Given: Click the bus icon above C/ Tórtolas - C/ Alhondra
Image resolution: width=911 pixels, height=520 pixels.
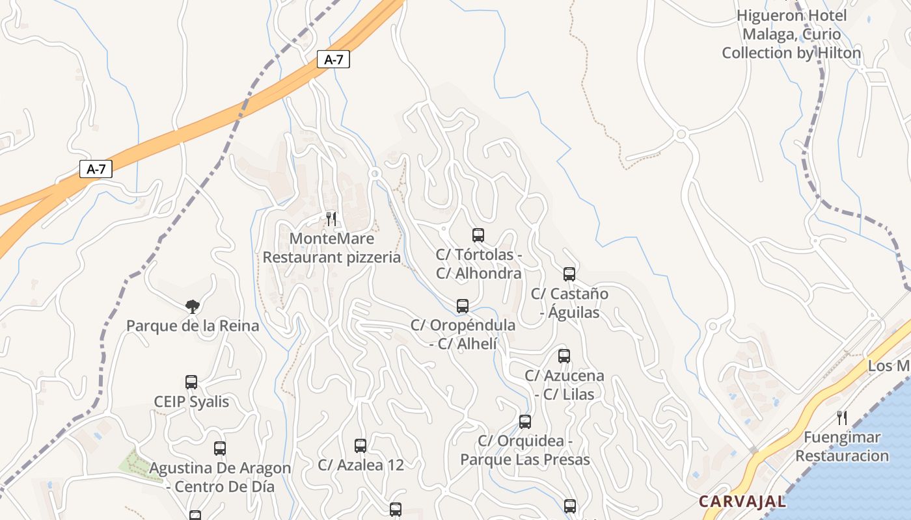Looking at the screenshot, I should pyautogui.click(x=478, y=235).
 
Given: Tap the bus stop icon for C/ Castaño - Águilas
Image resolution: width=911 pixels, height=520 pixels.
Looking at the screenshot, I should pyautogui.click(x=569, y=274).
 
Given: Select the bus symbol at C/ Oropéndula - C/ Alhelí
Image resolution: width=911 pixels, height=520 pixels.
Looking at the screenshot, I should pyautogui.click(x=463, y=305).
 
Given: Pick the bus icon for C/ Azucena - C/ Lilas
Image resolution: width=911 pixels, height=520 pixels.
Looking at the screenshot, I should pyautogui.click(x=564, y=356).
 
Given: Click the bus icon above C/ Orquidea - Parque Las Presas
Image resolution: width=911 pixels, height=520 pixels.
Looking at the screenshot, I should pyautogui.click(x=525, y=422).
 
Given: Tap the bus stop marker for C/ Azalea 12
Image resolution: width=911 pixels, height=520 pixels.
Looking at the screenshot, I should pyautogui.click(x=360, y=446).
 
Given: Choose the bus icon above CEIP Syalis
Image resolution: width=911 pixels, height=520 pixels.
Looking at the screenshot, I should pyautogui.click(x=191, y=382).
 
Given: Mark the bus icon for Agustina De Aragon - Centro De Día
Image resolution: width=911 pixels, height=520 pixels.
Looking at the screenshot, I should pyautogui.click(x=220, y=448).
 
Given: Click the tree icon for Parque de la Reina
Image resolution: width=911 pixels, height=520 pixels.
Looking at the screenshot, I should pyautogui.click(x=192, y=306).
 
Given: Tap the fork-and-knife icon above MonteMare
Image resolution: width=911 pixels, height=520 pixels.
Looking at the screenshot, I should pyautogui.click(x=331, y=219).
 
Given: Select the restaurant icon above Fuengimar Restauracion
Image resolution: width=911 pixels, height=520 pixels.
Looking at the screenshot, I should pyautogui.click(x=841, y=417).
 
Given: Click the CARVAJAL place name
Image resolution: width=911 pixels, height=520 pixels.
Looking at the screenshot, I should pyautogui.click(x=742, y=502).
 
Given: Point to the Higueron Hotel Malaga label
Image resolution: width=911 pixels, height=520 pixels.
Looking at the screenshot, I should pyautogui.click(x=791, y=34).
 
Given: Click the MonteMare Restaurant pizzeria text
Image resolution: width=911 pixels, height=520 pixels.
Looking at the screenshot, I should pyautogui.click(x=331, y=248).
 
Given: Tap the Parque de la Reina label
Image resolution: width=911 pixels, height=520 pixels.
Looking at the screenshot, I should pyautogui.click(x=193, y=326).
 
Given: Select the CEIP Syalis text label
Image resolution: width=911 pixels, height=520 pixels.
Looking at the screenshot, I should pyautogui.click(x=191, y=402).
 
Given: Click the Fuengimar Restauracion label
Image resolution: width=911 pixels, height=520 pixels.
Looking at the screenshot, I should pyautogui.click(x=842, y=446).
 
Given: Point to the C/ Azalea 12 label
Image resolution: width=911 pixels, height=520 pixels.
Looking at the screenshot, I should pyautogui.click(x=360, y=465).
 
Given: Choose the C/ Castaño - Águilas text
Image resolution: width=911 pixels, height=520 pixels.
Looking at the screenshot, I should pyautogui.click(x=569, y=303).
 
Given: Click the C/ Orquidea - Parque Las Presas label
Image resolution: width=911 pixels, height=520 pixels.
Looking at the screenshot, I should pyautogui.click(x=525, y=450).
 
